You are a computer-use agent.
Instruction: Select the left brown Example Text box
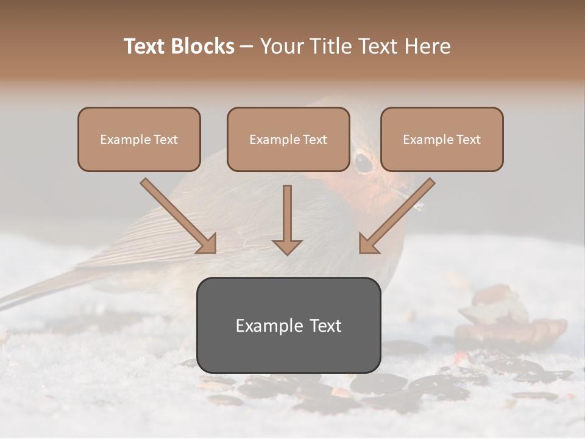tap(139, 140)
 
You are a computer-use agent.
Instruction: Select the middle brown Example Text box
tap(288, 140)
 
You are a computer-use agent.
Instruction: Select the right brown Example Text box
tap(442, 140)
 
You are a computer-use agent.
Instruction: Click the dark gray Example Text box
tap(288, 326)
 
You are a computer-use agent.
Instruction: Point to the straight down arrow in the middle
tap(287, 220)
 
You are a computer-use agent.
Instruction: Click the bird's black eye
tap(363, 162)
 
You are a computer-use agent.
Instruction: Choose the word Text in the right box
tap(468, 140)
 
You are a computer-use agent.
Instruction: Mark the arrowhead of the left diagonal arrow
tap(208, 244)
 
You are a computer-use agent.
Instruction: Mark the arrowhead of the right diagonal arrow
tap(367, 244)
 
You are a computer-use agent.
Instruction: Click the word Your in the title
tap(280, 46)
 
